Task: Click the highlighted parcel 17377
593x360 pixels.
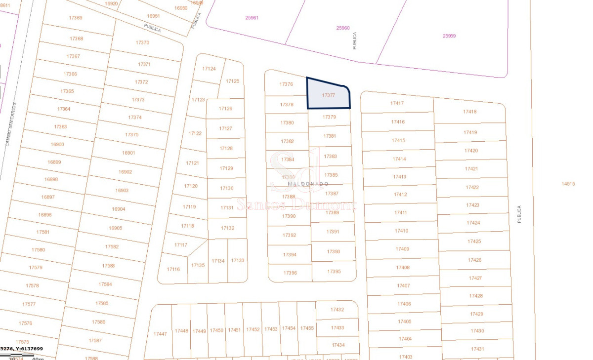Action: coord(328,95)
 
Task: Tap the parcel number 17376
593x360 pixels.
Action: coord(286,84)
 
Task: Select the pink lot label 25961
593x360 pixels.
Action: coord(252,18)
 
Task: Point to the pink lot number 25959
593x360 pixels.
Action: coord(449,36)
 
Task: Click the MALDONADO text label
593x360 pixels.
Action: coord(308,184)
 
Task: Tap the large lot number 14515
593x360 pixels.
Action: coord(568,184)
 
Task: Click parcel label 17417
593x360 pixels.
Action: coord(397,103)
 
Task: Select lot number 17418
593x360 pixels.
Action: coord(469,112)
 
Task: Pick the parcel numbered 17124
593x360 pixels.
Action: coord(210,69)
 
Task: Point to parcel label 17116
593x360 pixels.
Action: coord(173,269)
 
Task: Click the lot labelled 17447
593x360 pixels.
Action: coord(160,334)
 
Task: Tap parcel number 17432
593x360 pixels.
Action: coord(337,310)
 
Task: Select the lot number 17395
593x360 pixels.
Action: coord(334,271)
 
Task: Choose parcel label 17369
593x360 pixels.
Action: coord(76,18)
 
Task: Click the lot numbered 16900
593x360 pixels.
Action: coord(57,144)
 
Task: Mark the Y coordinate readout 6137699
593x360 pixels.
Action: coord(29,349)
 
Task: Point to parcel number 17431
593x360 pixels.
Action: coord(477,349)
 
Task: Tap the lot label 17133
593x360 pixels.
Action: coord(238,260)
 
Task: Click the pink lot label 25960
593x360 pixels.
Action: coord(343,28)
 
